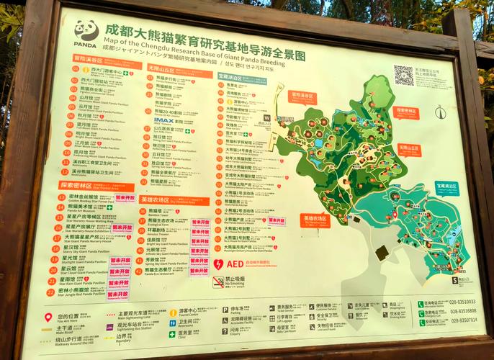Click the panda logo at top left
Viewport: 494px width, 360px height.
pos(85,31)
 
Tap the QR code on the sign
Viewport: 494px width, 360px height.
pos(403,75)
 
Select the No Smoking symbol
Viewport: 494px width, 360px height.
pos(218,282)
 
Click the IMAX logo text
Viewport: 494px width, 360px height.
pos(164,121)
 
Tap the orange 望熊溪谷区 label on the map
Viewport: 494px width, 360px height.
pos(303,95)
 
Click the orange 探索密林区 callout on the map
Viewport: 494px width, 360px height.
pos(407,112)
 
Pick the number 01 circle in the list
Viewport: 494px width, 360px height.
pos(75,70)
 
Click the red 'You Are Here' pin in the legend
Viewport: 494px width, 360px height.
pos(48,317)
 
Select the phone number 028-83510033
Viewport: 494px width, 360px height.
pos(463,302)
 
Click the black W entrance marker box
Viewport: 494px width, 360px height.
pos(267,117)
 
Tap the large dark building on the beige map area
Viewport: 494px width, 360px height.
pos(382,253)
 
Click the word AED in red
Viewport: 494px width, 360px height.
pos(235,264)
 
